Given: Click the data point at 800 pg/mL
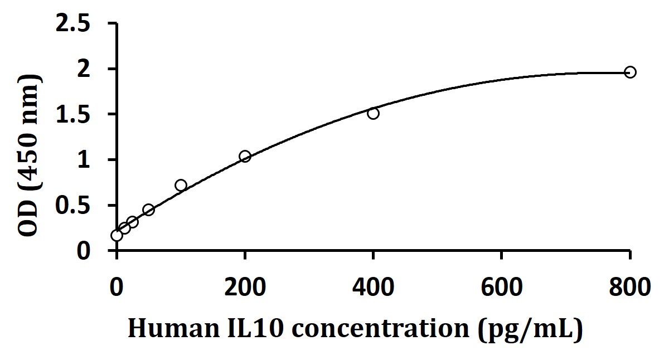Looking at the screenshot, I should click(630, 72).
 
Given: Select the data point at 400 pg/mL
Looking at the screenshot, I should click(373, 113).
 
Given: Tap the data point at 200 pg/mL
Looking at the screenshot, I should click(245, 156).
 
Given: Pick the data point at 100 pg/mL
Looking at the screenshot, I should click(181, 185).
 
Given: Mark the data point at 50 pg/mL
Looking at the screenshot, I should click(148, 210).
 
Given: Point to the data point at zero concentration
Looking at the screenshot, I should click(117, 235).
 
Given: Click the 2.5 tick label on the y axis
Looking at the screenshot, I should click(81, 24).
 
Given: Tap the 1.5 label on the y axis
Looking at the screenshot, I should click(81, 115).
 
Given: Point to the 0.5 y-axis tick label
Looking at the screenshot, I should click(81, 206).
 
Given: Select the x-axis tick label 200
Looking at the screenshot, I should click(245, 289).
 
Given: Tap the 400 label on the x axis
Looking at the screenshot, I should click(373, 289).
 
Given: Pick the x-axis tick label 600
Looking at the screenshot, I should click(502, 289).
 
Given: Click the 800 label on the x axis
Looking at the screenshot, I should click(630, 289).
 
